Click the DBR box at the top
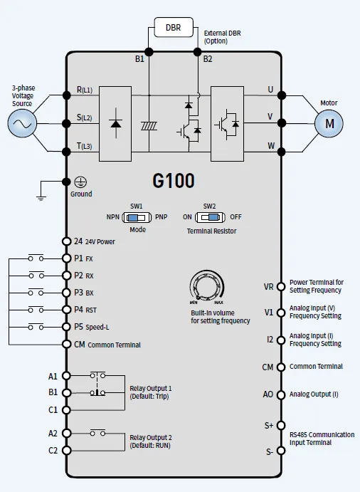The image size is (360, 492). [x=174, y=27]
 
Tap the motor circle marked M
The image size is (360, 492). [x=329, y=123]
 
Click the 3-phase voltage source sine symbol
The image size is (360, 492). [x=22, y=123]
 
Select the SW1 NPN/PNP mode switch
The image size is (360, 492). [x=137, y=217]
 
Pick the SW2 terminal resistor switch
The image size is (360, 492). [x=210, y=217]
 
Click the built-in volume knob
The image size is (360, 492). [x=207, y=286]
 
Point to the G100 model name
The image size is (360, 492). [x=174, y=181]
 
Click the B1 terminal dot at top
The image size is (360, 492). [x=149, y=52]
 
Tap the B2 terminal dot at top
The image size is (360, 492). [x=197, y=52]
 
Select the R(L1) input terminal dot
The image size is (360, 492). [x=66, y=95]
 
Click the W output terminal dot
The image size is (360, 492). [x=282, y=152]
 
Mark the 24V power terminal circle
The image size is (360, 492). [x=66, y=241]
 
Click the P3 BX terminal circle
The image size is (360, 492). [x=66, y=293]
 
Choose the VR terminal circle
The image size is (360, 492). [x=281, y=286]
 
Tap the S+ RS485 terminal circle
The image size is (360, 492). [x=281, y=425]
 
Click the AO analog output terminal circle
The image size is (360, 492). [x=281, y=394]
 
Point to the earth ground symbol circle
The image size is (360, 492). [x=80, y=182]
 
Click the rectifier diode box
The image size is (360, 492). [x=115, y=124]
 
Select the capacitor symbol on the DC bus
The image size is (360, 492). [x=149, y=126]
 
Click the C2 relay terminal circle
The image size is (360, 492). [x=66, y=450]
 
